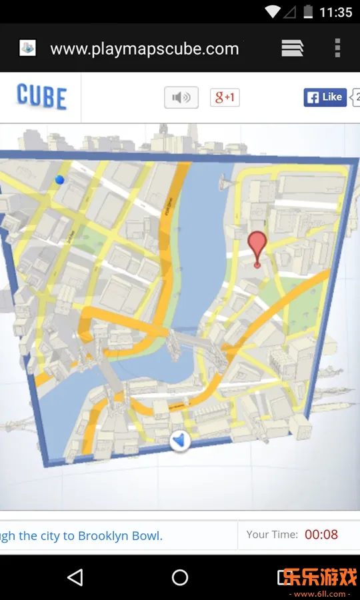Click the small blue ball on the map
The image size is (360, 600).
click(x=60, y=179)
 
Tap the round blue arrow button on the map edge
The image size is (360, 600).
click(x=180, y=441)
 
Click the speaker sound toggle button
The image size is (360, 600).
click(x=181, y=97)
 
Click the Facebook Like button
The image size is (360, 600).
click(x=325, y=97)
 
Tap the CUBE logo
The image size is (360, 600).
click(x=41, y=97)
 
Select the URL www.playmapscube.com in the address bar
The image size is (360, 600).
click(x=144, y=49)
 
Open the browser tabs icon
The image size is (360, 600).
click(x=292, y=48)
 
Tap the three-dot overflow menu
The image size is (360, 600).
click(x=337, y=48)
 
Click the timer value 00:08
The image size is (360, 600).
click(x=321, y=535)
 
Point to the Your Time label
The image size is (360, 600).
click(x=272, y=535)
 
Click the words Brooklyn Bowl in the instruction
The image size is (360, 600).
click(x=120, y=536)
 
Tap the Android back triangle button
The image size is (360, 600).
click(x=75, y=577)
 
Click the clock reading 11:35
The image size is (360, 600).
click(x=335, y=12)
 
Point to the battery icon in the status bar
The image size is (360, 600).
click(x=308, y=12)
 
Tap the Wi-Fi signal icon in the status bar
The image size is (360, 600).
click(x=272, y=12)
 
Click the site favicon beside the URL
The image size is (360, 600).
click(x=27, y=48)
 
